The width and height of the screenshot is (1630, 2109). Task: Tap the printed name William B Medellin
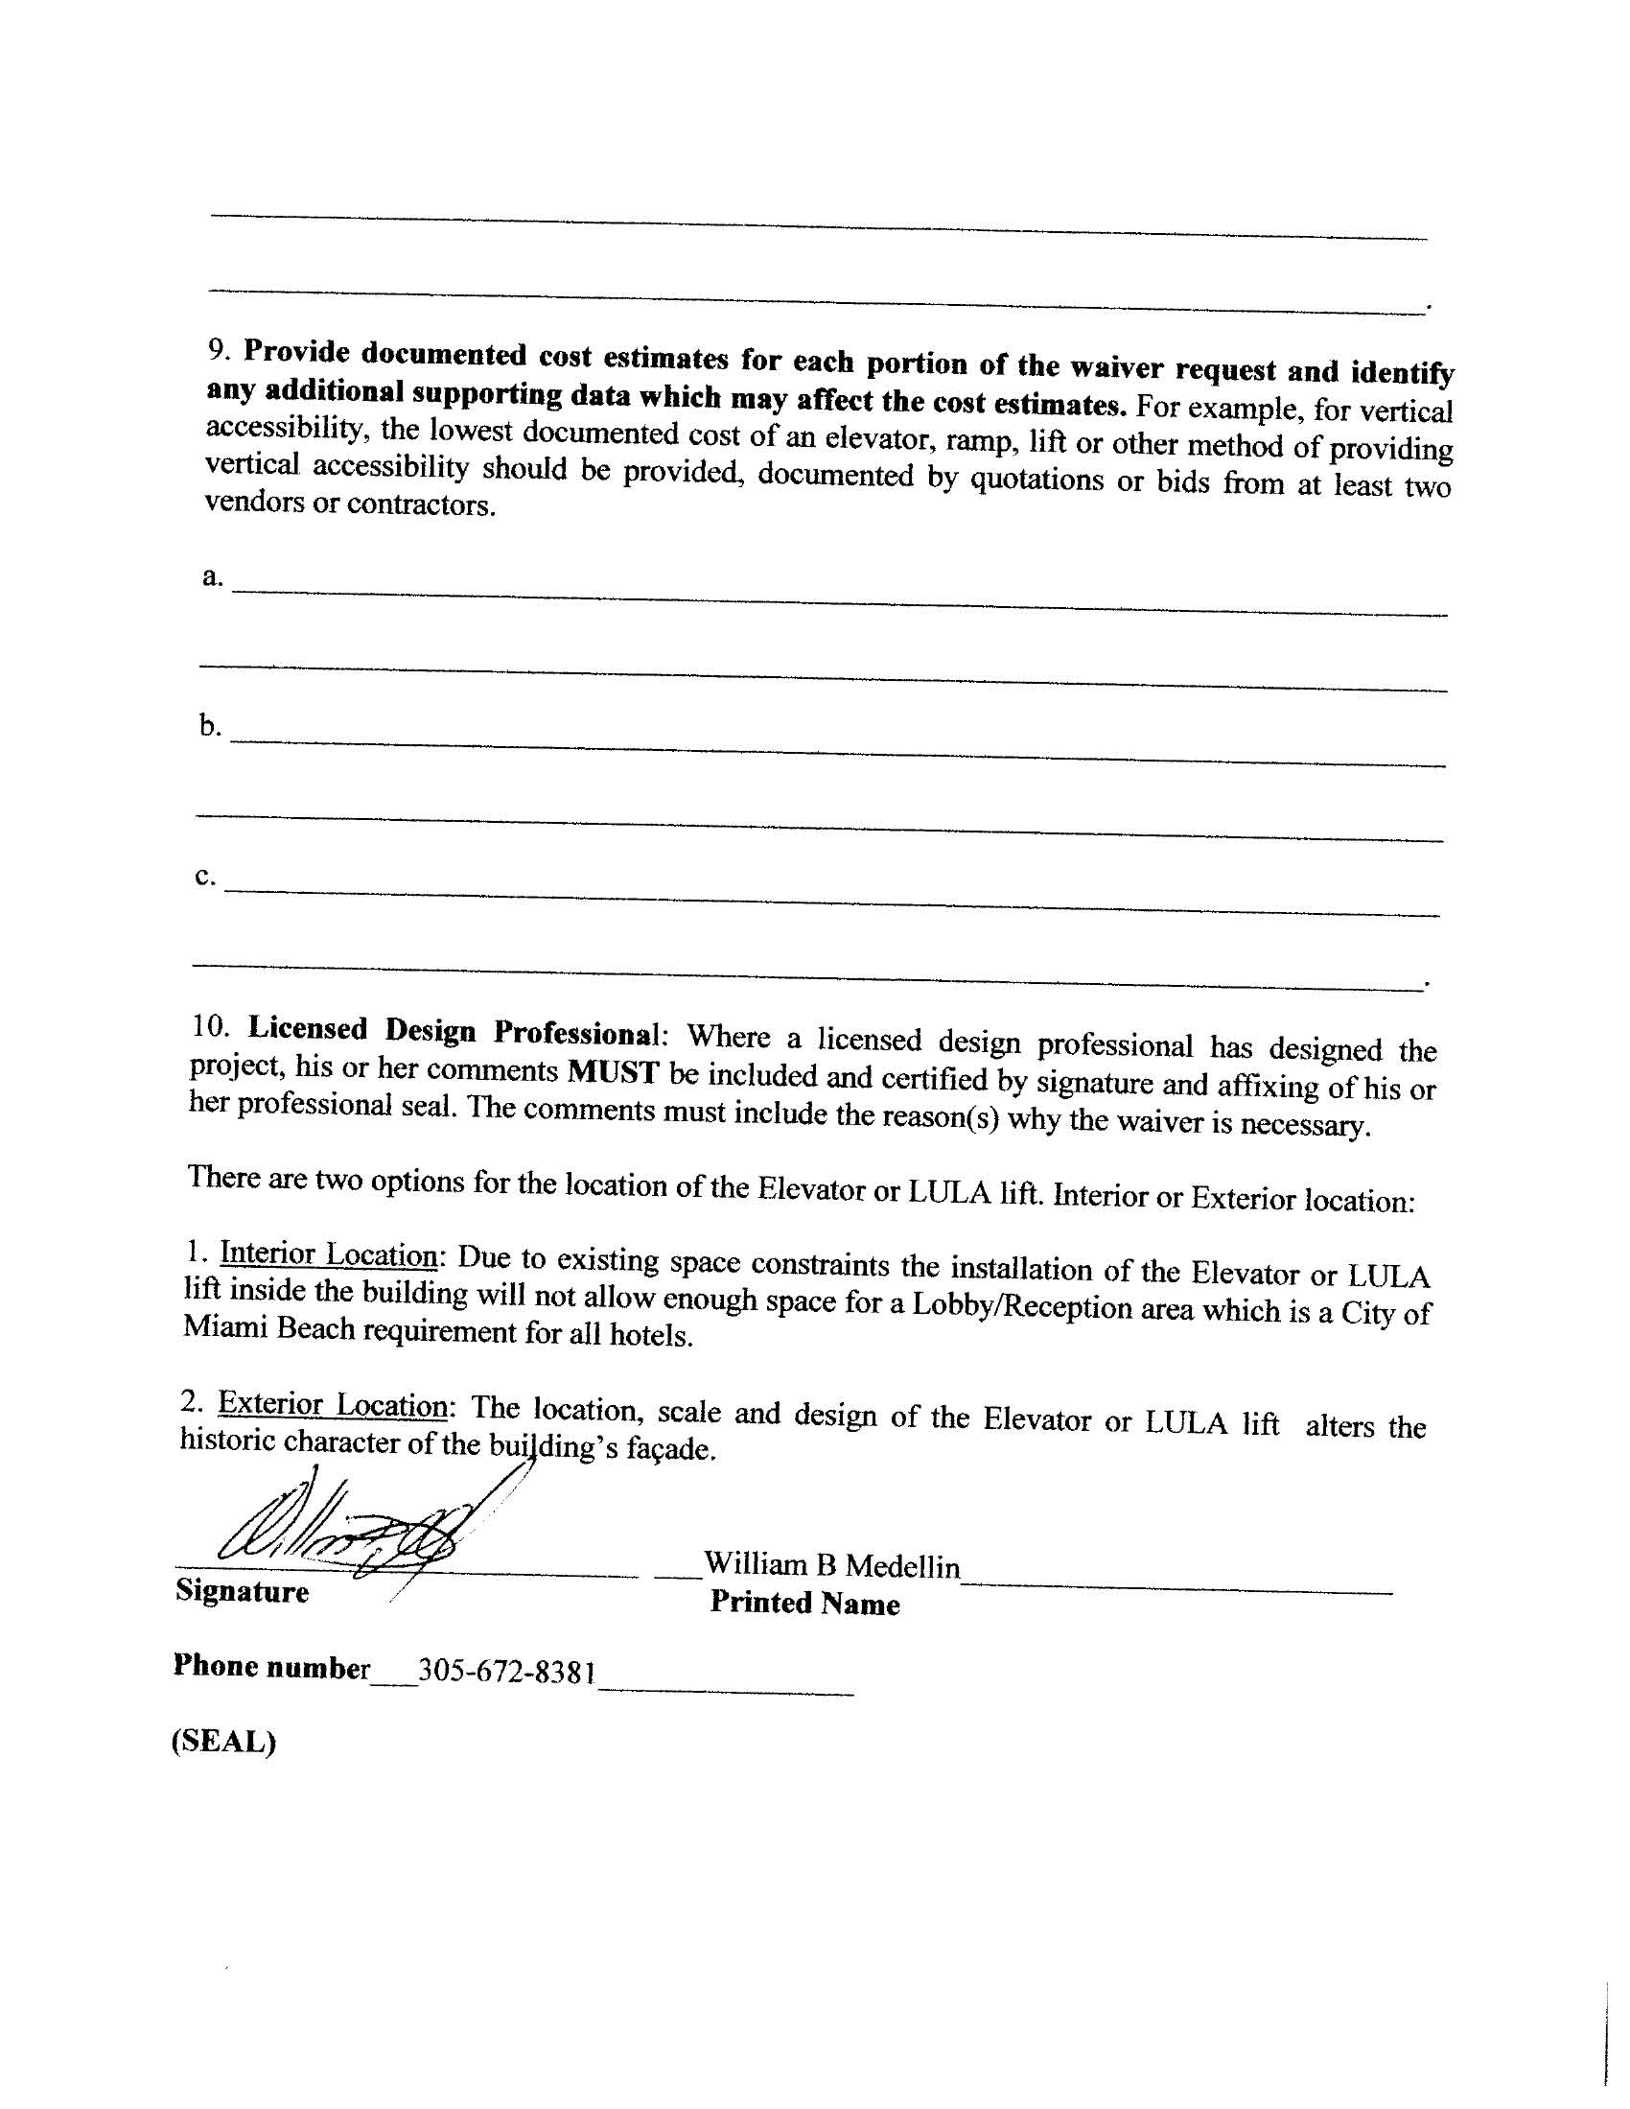pyautogui.click(x=831, y=1565)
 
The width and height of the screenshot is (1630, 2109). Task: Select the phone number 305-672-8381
pyautogui.click(x=506, y=1672)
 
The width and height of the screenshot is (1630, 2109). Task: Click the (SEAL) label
pyautogui.click(x=224, y=1741)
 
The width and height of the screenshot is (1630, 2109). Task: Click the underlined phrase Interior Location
pyautogui.click(x=329, y=1254)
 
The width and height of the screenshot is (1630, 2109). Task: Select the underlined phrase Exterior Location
pyautogui.click(x=332, y=1404)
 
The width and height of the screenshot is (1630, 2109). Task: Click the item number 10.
pyautogui.click(x=210, y=1026)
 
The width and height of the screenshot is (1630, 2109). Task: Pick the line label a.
pyautogui.click(x=212, y=577)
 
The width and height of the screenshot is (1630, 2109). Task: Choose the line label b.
pyautogui.click(x=210, y=725)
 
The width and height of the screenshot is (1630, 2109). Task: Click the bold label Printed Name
pyautogui.click(x=804, y=1603)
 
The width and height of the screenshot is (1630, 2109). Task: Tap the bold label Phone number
pyautogui.click(x=271, y=1667)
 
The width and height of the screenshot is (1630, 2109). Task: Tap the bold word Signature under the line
pyautogui.click(x=243, y=1590)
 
